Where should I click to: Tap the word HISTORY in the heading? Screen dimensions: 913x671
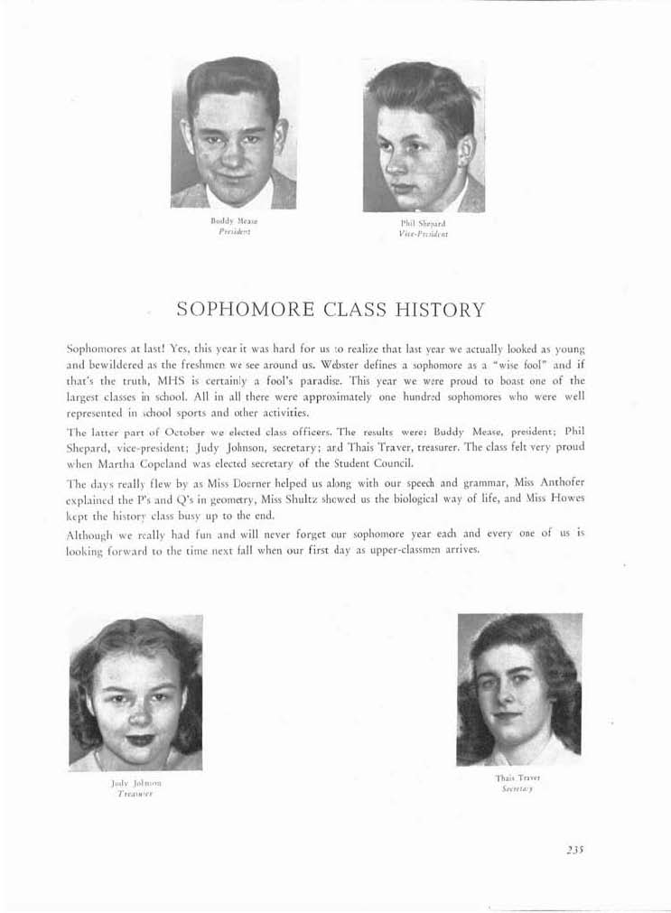pos(440,310)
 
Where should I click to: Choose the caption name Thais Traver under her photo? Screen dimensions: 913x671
pos(517,777)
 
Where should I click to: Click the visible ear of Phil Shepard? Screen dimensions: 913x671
pos(464,149)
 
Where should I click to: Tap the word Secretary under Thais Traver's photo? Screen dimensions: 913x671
pos(517,787)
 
